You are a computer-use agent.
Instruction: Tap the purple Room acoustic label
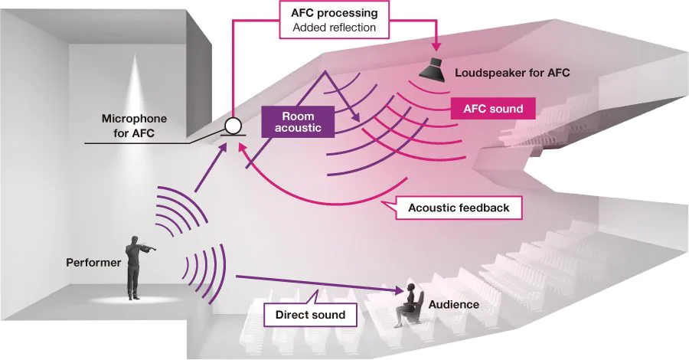(x=296, y=121)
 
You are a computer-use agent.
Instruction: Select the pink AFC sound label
(x=493, y=109)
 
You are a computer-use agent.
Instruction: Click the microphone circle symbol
(x=232, y=124)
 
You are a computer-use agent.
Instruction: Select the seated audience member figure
(x=407, y=306)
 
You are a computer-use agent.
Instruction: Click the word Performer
(x=94, y=263)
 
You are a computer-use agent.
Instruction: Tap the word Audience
(x=454, y=304)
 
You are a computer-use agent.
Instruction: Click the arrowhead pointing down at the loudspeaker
(x=436, y=46)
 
